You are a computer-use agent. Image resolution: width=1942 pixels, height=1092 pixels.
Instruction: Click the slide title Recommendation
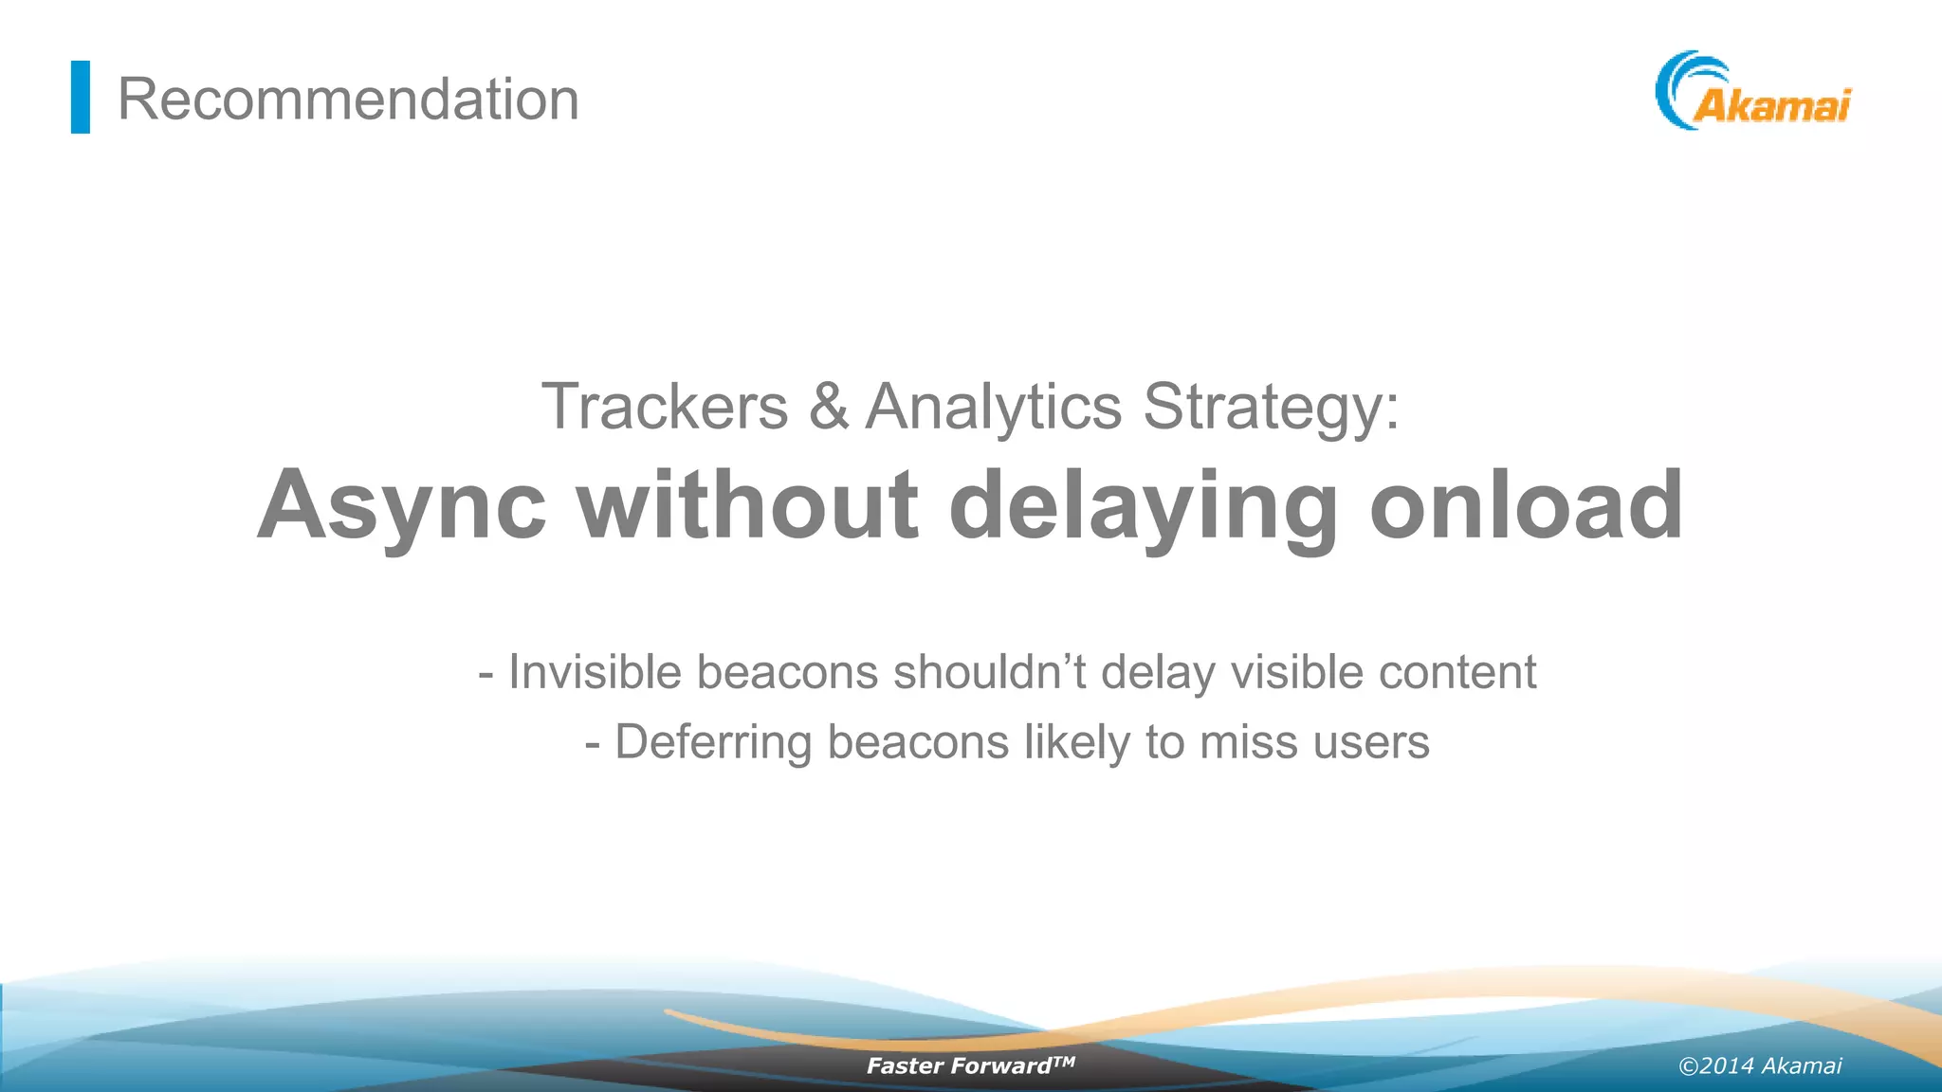pos(348,99)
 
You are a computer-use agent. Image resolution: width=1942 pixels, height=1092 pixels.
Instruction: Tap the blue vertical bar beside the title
pos(81,97)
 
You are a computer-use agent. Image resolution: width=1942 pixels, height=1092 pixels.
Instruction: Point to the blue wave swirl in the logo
pos(1682,85)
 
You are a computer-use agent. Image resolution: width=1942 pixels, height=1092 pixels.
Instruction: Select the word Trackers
pos(665,407)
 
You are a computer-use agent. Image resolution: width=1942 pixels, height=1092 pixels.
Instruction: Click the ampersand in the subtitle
pos(828,407)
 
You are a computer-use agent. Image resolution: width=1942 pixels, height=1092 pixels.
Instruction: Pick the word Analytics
pos(994,407)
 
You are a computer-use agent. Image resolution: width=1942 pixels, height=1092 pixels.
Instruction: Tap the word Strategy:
pos(1271,407)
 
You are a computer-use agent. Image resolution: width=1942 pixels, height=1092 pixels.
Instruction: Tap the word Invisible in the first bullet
pos(595,672)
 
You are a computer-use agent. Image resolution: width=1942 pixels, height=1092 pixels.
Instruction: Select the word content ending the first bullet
pos(1456,672)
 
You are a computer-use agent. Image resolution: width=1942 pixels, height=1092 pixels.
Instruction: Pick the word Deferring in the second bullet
pos(713,742)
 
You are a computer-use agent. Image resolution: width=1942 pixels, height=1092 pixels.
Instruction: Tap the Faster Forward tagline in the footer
pos(969,1065)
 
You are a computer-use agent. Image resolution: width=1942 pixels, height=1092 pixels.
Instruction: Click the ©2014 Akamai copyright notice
pos(1760,1065)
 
